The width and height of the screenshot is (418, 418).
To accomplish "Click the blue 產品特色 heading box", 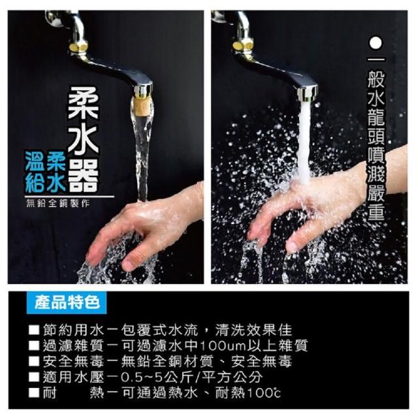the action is (67, 302).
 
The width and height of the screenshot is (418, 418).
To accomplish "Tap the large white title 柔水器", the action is (83, 140).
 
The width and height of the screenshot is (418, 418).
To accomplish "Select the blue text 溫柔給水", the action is (45, 171).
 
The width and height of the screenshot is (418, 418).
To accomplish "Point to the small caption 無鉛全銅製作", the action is (58, 203).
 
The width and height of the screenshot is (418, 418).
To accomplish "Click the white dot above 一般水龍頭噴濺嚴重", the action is (376, 43).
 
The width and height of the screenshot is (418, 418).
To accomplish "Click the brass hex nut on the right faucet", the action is (242, 45).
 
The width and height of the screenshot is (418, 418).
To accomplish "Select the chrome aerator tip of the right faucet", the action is (308, 93).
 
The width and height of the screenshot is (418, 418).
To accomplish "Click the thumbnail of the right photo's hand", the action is (292, 246).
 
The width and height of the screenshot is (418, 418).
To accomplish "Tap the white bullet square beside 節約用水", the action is (34, 330).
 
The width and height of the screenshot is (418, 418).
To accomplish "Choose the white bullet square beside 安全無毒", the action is (34, 361).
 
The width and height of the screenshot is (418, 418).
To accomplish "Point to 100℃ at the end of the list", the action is (264, 393).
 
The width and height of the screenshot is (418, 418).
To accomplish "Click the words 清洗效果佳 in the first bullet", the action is (254, 330).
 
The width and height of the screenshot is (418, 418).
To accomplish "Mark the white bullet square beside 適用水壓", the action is (34, 377).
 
